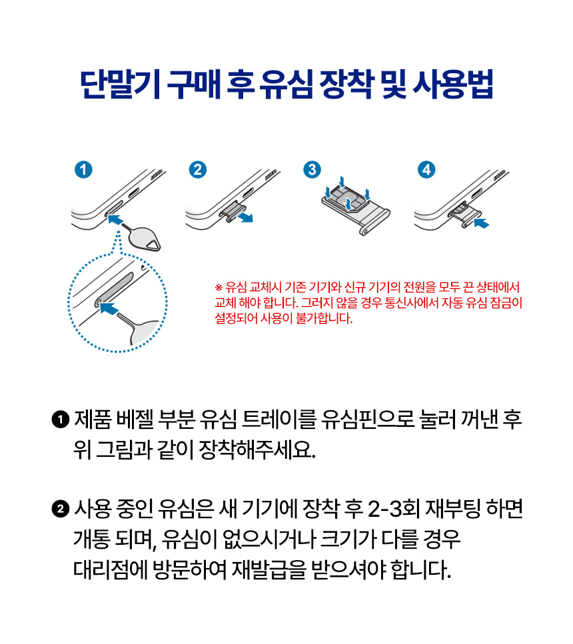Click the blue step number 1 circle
83,170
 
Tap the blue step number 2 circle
197,170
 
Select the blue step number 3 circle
310,170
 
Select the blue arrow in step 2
247,218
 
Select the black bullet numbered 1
59,420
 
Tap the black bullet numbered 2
59,510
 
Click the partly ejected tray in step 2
229,212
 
